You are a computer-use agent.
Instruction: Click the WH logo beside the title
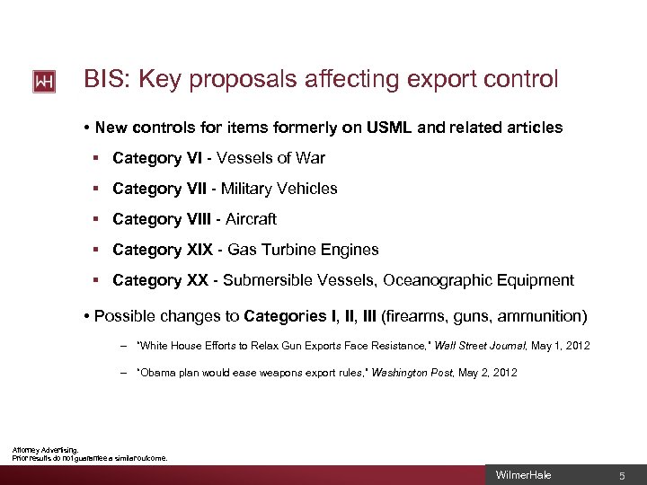click(44, 82)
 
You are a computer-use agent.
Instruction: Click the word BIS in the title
click(102, 80)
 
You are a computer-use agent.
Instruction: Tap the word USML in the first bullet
click(389, 128)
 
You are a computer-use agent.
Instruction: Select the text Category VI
click(157, 158)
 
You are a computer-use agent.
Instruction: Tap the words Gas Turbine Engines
click(301, 250)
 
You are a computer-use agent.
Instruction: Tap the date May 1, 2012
click(562, 346)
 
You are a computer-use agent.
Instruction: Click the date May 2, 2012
click(488, 373)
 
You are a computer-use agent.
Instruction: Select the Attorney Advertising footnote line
click(46, 449)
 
